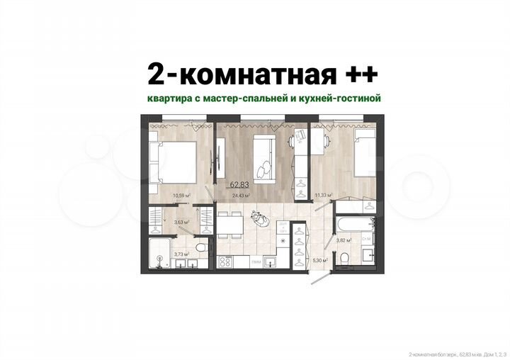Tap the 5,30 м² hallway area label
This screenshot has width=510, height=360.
tap(319, 260)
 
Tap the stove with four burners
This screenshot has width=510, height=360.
tap(225, 261)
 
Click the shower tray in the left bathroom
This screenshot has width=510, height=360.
tap(159, 252)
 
